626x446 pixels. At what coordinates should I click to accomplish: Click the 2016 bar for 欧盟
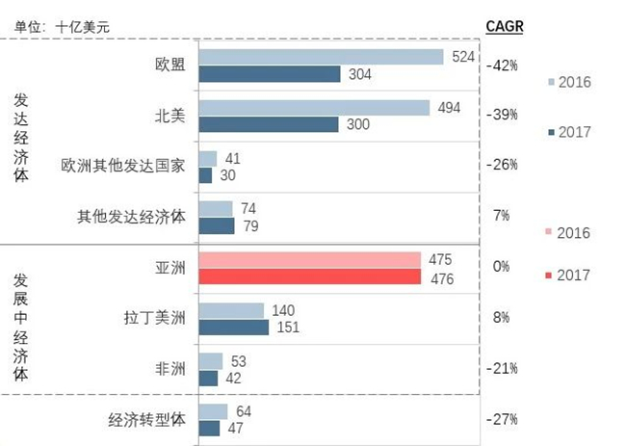321,57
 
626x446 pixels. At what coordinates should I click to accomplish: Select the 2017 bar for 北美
269,124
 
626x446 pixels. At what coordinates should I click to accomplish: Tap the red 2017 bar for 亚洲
310,277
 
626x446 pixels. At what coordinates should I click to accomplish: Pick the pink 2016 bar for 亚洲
310,260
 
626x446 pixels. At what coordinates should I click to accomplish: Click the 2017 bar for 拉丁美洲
234,328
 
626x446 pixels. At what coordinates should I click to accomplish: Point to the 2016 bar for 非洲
211,361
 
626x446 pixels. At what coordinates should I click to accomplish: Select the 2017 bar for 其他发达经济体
217,225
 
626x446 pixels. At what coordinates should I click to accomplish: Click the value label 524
462,57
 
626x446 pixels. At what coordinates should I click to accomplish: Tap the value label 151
288,328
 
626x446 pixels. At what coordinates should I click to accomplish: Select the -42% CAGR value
504,66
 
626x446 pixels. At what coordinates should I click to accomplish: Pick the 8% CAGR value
501,317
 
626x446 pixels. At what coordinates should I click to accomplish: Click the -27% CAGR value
504,419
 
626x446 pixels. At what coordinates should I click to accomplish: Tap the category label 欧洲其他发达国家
122,165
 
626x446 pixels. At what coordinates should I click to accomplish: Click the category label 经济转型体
146,420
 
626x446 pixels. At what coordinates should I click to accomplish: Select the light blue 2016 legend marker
549,82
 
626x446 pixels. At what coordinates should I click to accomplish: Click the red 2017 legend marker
549,275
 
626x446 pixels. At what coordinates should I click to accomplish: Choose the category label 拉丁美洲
155,317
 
